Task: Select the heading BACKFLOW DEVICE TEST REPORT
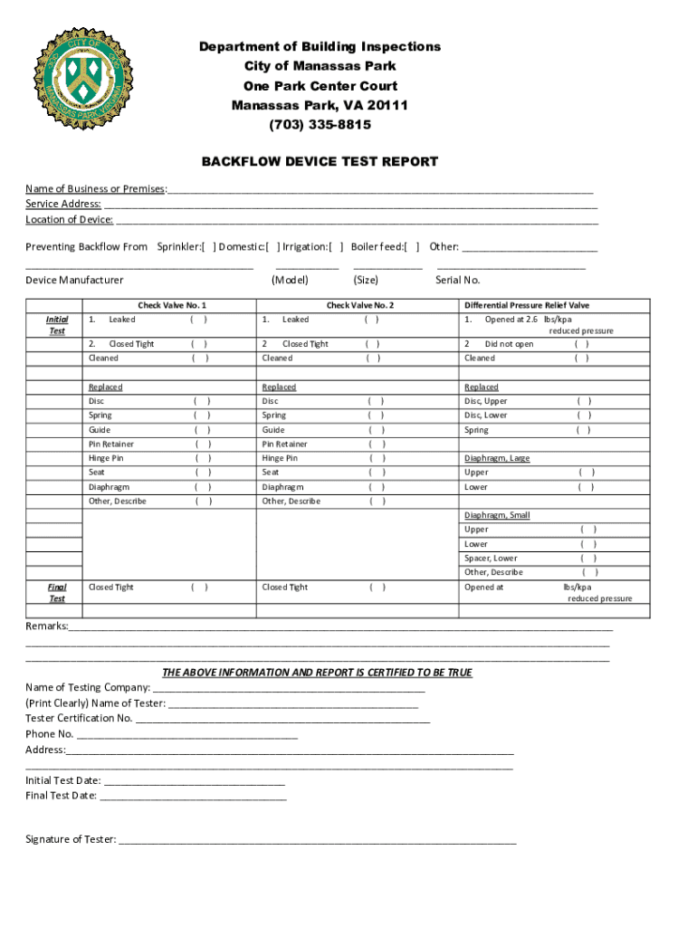tap(320, 162)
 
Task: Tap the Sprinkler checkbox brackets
tap(208, 246)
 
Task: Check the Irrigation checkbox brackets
tap(336, 246)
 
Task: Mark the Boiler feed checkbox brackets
tap(412, 246)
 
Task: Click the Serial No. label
tap(458, 281)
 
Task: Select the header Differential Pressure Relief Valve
tap(526, 305)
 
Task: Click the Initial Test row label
tap(56, 325)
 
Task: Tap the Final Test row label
tap(56, 593)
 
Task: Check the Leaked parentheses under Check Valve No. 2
tap(371, 320)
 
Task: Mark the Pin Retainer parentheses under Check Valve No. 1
tap(204, 444)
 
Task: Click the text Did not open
tap(509, 344)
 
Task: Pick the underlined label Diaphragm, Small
tap(497, 515)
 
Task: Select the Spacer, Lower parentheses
tap(587, 559)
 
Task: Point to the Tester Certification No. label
tap(79, 718)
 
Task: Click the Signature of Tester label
tap(71, 839)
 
